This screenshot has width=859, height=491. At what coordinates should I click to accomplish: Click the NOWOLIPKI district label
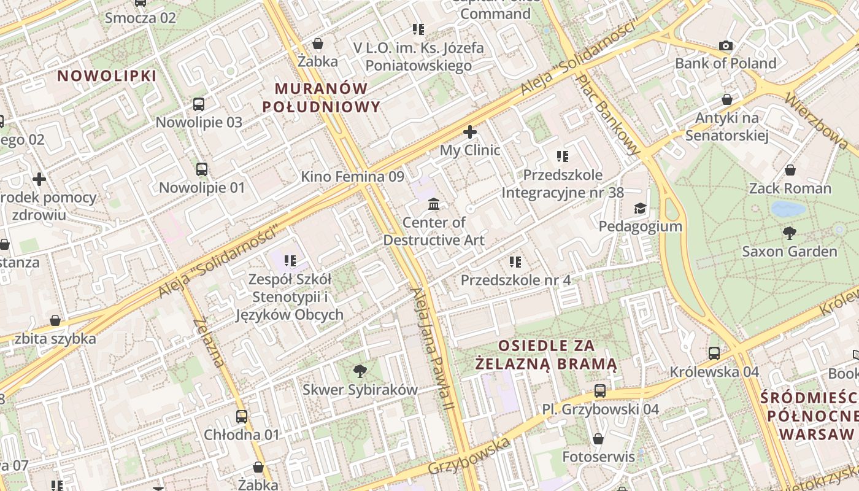[107, 76]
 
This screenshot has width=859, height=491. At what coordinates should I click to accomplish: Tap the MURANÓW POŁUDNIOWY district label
[322, 98]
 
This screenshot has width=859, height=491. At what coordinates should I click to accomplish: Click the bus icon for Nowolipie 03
[199, 104]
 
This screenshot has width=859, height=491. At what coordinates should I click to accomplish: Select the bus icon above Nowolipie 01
[202, 169]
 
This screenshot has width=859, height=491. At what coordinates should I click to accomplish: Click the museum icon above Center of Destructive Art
[434, 204]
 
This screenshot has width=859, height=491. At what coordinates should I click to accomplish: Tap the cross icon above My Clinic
[470, 132]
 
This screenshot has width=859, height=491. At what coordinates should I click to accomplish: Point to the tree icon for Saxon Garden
[790, 233]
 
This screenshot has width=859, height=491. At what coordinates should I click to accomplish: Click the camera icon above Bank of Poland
[726, 45]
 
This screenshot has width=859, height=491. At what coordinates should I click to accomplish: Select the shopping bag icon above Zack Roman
[790, 170]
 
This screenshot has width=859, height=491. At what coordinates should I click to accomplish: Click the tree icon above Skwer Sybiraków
[360, 371]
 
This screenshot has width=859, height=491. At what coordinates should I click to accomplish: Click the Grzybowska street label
[469, 457]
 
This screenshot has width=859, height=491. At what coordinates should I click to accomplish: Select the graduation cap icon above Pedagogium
[640, 208]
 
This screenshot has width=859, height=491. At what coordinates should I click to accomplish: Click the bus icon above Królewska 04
[714, 354]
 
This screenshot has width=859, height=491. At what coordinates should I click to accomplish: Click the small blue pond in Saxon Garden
[788, 209]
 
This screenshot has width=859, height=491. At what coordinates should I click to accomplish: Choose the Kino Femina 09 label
[352, 177]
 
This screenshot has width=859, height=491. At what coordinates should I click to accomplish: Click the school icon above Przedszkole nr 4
[515, 262]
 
